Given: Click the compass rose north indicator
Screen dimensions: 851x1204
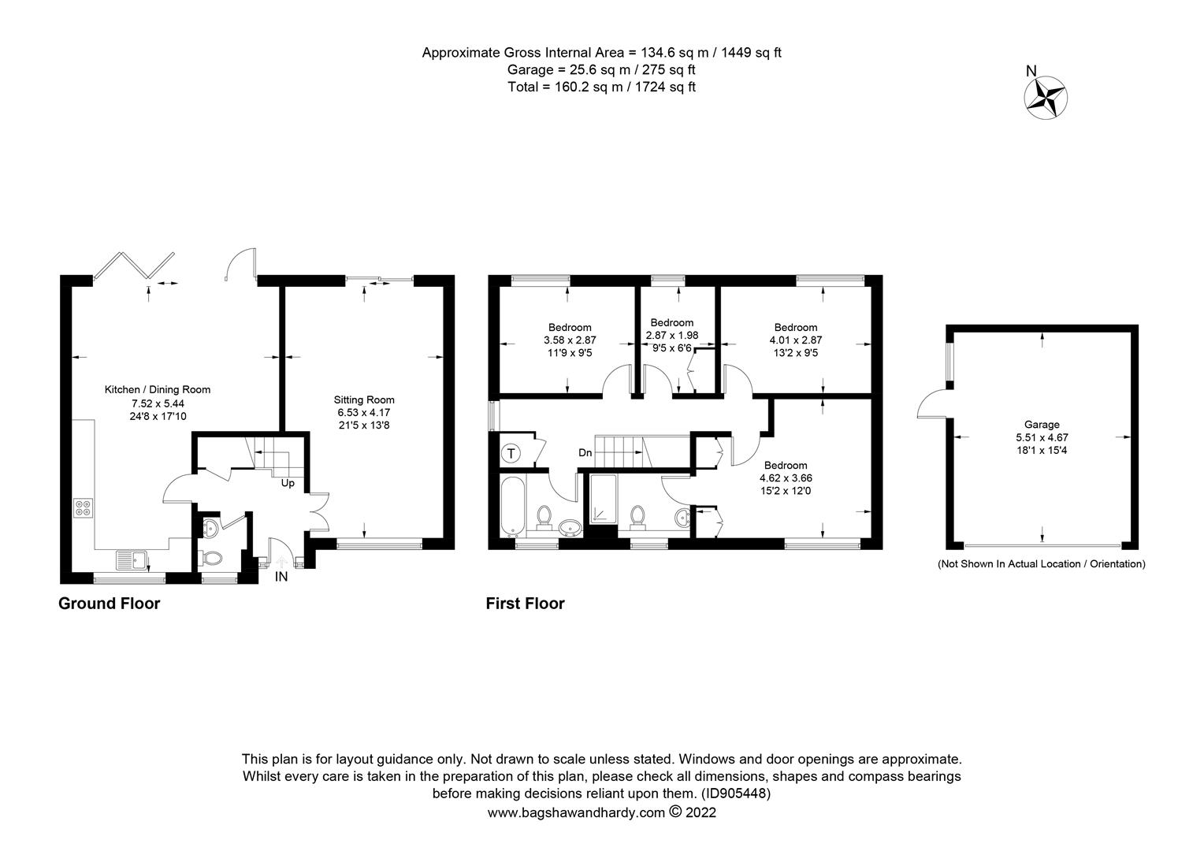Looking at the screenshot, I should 1045,97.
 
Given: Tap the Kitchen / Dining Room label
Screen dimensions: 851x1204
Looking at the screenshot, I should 158,389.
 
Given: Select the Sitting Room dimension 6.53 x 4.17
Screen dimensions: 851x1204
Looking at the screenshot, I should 364,412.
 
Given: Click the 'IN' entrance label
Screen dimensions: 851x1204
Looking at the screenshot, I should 281,577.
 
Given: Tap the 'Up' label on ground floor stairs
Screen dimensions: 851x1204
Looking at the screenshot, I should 288,483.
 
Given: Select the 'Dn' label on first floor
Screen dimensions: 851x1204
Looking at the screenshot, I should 585,453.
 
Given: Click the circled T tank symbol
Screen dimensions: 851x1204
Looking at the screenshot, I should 511,454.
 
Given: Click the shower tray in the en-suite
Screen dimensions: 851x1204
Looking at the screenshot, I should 604,500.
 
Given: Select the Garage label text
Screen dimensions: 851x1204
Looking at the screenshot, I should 1042,425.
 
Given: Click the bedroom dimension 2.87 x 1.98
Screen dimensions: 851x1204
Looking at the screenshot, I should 671,335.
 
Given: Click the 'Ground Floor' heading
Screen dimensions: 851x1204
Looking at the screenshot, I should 109,604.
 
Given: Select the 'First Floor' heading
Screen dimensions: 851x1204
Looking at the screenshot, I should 525,604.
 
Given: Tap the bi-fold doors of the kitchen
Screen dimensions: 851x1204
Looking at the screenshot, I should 133,265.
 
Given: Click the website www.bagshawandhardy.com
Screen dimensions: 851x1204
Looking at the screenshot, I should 577,812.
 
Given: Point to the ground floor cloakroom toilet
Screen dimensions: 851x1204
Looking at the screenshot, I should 212,558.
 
